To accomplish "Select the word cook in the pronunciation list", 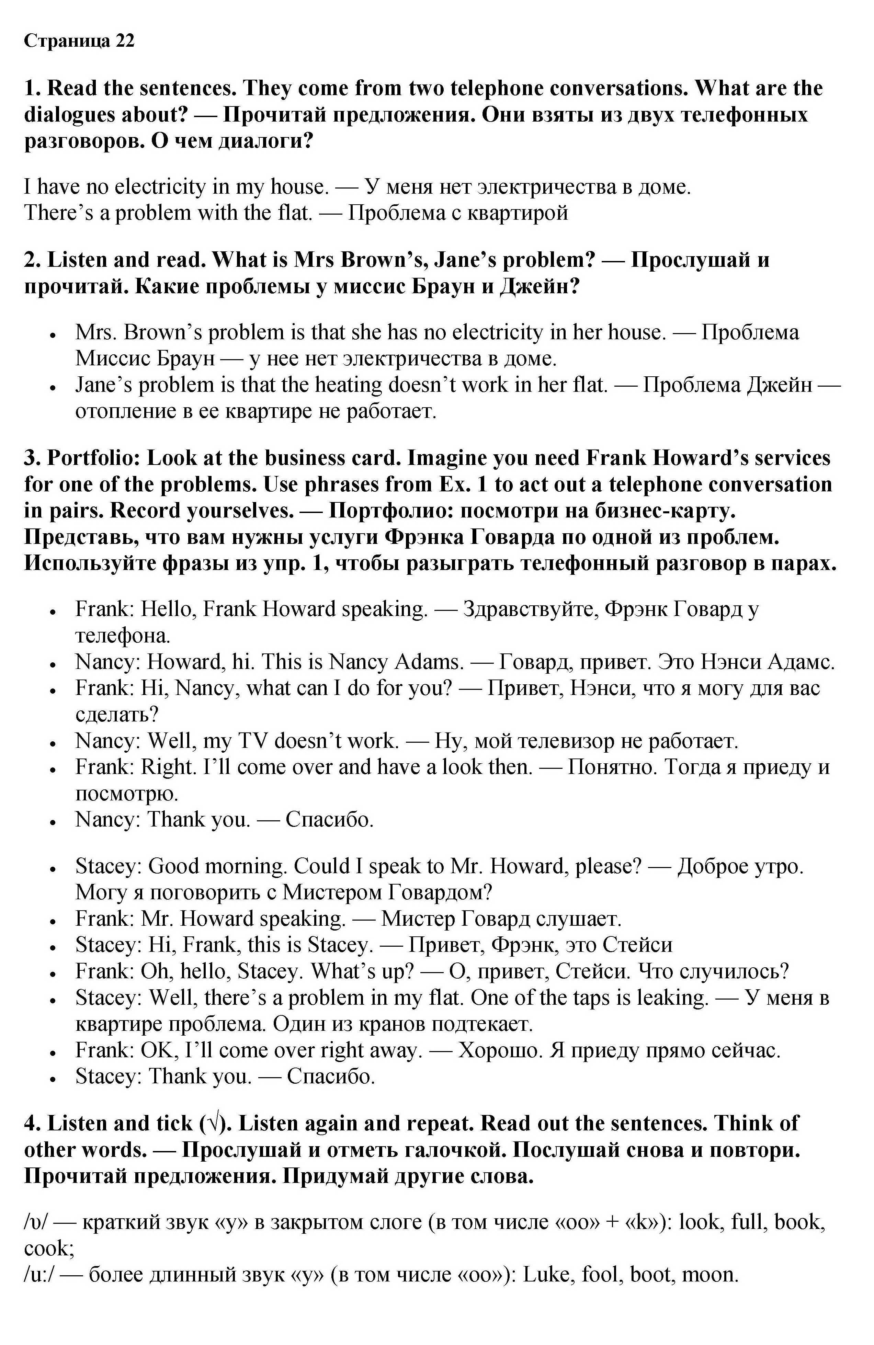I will click(49, 1249).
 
